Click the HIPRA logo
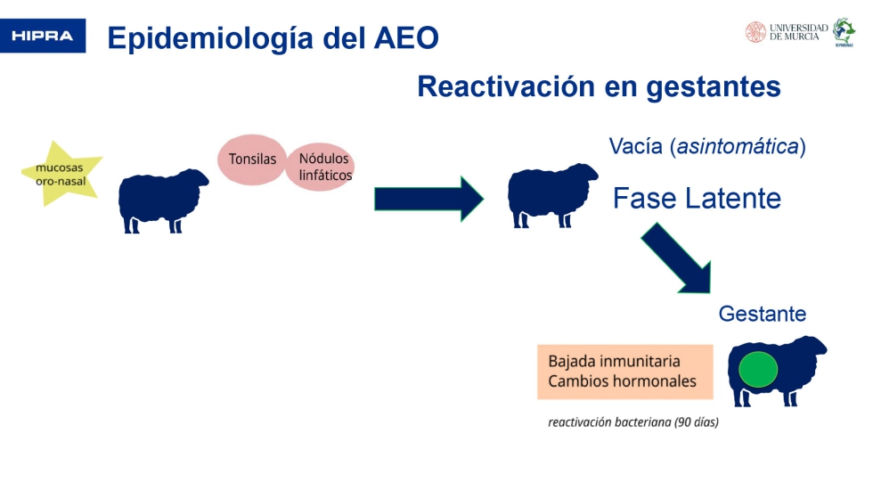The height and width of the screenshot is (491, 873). pyautogui.click(x=43, y=37)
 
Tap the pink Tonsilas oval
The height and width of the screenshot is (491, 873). pyautogui.click(x=251, y=160)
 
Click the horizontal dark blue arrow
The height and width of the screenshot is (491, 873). pyautogui.click(x=428, y=199)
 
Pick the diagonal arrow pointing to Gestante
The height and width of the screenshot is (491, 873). pyautogui.click(x=676, y=258)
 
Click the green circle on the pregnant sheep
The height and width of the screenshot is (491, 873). pyautogui.click(x=758, y=370)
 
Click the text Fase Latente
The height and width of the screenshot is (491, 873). pyautogui.click(x=697, y=198)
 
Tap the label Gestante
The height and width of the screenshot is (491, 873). pyautogui.click(x=762, y=314)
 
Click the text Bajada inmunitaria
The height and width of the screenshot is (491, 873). pyautogui.click(x=614, y=361)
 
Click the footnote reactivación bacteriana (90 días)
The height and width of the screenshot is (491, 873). pyautogui.click(x=632, y=422)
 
